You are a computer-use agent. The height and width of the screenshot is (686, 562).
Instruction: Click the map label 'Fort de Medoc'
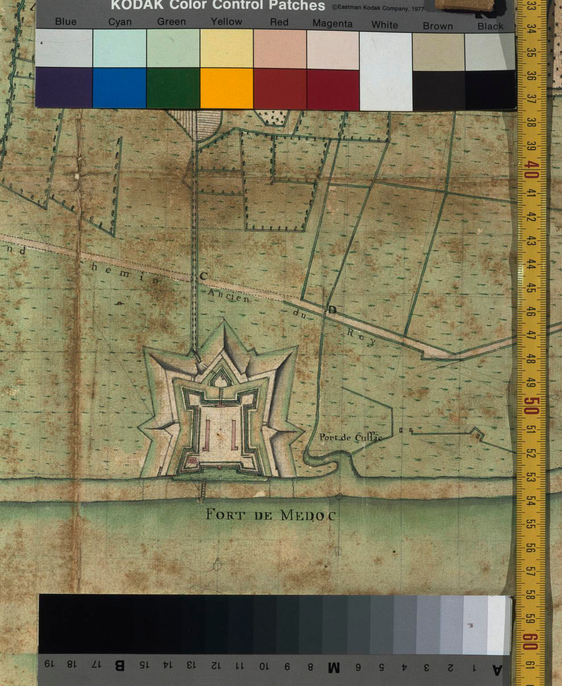click(270, 515)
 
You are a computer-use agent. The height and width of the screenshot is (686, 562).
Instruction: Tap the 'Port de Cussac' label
click(351, 437)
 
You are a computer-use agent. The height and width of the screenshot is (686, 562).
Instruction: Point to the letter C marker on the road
click(203, 276)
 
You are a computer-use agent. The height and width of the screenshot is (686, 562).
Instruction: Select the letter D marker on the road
click(332, 310)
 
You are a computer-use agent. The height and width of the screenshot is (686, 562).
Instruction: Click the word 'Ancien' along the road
click(229, 296)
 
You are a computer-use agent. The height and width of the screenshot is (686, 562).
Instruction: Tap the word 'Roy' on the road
click(362, 338)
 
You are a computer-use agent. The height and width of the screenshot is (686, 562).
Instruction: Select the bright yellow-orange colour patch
click(227, 88)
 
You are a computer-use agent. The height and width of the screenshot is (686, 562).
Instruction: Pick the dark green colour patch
click(173, 88)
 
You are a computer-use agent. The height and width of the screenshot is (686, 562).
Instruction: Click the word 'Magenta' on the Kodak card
click(333, 24)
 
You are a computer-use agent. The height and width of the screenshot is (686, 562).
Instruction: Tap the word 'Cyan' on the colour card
click(120, 22)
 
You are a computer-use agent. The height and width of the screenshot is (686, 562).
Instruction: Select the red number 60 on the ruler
click(531, 642)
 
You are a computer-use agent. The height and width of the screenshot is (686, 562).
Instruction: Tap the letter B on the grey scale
click(120, 665)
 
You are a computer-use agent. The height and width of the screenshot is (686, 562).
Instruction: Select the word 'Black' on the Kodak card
click(490, 26)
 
